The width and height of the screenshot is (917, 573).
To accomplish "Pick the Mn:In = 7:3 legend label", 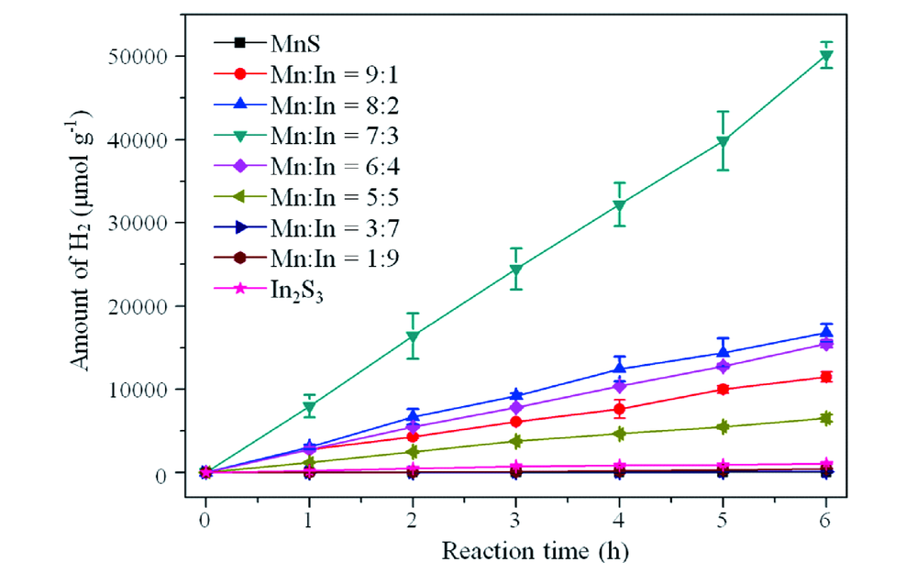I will click(x=329, y=137).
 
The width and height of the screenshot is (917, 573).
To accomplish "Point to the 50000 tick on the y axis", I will click(x=146, y=56).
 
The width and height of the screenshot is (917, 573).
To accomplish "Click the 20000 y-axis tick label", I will click(x=146, y=306).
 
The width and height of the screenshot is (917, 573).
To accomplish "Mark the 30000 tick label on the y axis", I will click(x=146, y=223).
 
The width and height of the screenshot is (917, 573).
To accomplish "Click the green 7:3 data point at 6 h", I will click(x=826, y=56).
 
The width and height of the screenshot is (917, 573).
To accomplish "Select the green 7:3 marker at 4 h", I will click(x=620, y=205).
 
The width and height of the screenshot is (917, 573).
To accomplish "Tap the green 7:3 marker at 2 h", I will click(x=413, y=336).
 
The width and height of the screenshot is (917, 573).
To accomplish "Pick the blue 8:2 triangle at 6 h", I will click(x=826, y=332).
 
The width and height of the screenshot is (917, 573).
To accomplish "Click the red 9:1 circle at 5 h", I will click(x=723, y=390).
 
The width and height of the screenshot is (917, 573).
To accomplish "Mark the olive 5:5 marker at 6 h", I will click(x=826, y=419).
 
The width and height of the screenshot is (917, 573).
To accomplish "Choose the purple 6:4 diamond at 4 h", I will click(x=620, y=386).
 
